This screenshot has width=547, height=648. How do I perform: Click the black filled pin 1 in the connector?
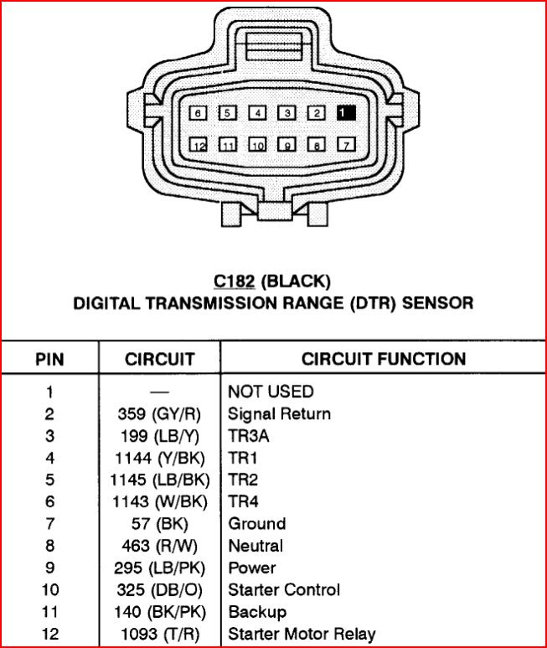tap(346, 112)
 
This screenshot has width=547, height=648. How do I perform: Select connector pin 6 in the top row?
tap(198, 112)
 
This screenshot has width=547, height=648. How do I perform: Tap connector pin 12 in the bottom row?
tap(198, 145)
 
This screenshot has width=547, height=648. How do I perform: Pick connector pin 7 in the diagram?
tap(346, 145)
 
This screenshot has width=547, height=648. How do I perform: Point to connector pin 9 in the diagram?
tap(286, 145)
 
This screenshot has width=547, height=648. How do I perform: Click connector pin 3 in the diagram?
tap(286, 112)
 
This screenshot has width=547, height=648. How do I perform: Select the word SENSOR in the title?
tap(437, 302)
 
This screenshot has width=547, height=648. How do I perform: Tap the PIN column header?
tap(50, 360)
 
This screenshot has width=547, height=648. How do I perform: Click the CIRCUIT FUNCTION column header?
tap(383, 360)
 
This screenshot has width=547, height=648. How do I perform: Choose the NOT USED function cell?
tap(271, 391)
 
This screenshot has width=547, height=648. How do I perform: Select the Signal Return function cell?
tap(279, 413)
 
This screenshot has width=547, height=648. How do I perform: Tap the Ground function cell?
tap(257, 523)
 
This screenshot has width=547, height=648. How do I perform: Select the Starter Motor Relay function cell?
tap(302, 634)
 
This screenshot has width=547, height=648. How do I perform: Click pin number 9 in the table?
tap(50, 568)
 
